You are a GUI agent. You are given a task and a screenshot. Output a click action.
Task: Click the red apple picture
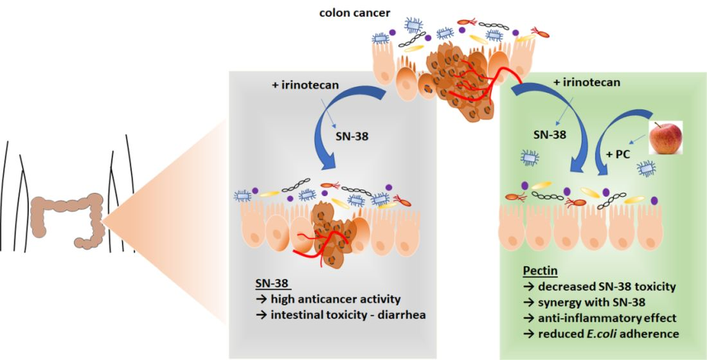point(665,137)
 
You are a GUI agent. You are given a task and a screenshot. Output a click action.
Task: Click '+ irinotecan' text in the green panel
point(587,82)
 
